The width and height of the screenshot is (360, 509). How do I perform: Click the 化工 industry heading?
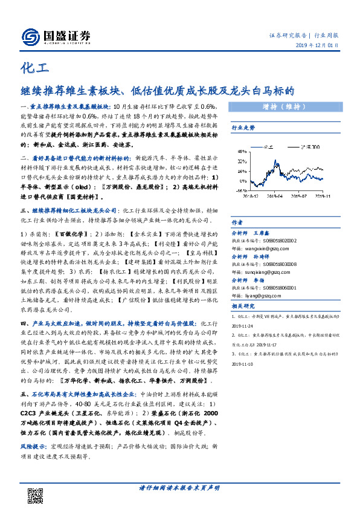pyautogui.click(x=33, y=66)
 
